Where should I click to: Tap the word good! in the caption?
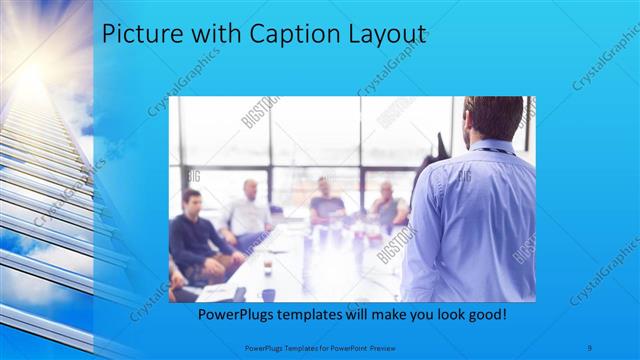485,314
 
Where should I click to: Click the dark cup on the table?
268,294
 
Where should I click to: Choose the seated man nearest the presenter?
388,205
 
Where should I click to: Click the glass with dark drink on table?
268,267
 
